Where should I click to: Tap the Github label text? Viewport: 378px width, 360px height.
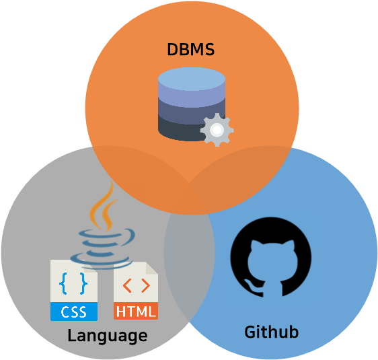pos(271,331)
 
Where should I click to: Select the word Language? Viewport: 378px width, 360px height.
pos(107,335)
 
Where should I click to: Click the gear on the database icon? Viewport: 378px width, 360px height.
pos(217,130)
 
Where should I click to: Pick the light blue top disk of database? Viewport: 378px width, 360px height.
pos(191,80)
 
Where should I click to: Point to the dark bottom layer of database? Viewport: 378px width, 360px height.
pos(182,128)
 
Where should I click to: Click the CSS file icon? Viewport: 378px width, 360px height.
pos(73,290)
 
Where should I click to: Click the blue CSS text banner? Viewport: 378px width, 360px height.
pos(73,312)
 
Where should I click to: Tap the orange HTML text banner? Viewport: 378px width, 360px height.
pos(136,312)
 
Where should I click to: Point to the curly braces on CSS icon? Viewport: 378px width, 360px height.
pos(73,283)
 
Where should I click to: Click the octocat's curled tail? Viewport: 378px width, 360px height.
pos(252,285)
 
